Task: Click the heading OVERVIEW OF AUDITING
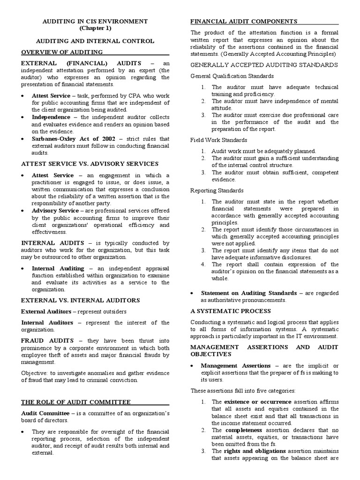click(x=62, y=52)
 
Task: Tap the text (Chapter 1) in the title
click(x=95, y=29)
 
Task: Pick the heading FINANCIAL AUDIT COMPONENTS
click(x=243, y=22)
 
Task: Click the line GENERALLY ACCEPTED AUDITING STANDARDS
click(x=264, y=64)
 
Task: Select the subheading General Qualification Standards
click(x=232, y=76)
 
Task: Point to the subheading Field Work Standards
click(x=218, y=140)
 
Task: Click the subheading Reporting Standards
click(x=217, y=190)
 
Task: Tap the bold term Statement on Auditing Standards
click(x=248, y=293)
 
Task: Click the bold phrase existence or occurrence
click(x=257, y=402)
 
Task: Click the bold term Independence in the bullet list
click(x=51, y=117)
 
